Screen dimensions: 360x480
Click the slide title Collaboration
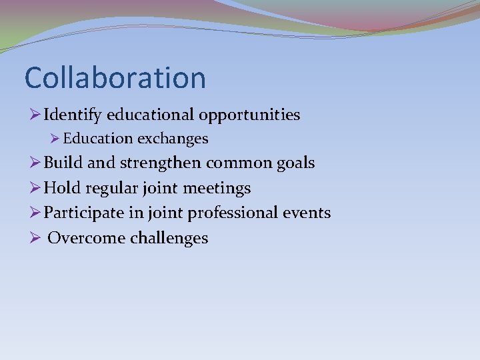(115, 78)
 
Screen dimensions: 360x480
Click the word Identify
(72, 115)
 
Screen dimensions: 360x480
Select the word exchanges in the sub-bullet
(173, 139)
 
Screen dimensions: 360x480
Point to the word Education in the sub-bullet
(98, 139)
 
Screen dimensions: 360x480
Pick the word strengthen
(161, 163)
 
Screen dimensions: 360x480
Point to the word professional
(233, 213)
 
